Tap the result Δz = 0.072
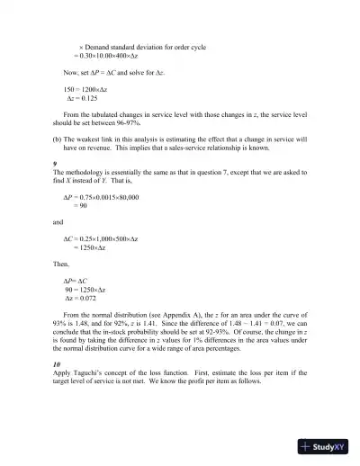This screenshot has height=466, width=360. coord(86,299)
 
